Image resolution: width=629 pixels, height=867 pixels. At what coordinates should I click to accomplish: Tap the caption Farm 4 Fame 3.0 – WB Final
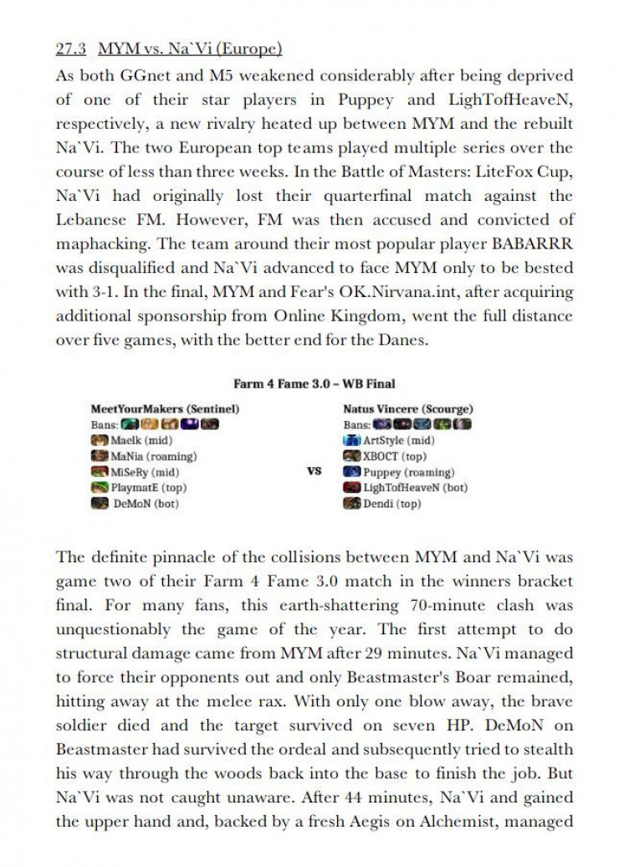click(x=314, y=384)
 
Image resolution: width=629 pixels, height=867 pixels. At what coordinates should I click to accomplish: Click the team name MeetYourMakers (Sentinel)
click(x=166, y=409)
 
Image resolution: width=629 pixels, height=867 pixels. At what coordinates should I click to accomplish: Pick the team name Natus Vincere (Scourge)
click(x=407, y=409)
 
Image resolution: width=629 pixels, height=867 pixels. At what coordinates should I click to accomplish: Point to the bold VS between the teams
click(x=314, y=471)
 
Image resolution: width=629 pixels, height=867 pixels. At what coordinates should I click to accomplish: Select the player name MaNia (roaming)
click(x=153, y=456)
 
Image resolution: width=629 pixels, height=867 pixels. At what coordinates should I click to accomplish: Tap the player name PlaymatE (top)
click(x=149, y=488)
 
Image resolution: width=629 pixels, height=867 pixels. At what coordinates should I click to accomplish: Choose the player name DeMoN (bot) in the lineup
click(x=146, y=504)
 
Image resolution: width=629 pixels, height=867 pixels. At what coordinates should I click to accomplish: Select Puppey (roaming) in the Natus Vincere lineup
click(x=409, y=472)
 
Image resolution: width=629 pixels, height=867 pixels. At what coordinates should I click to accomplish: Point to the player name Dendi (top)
click(x=392, y=504)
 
